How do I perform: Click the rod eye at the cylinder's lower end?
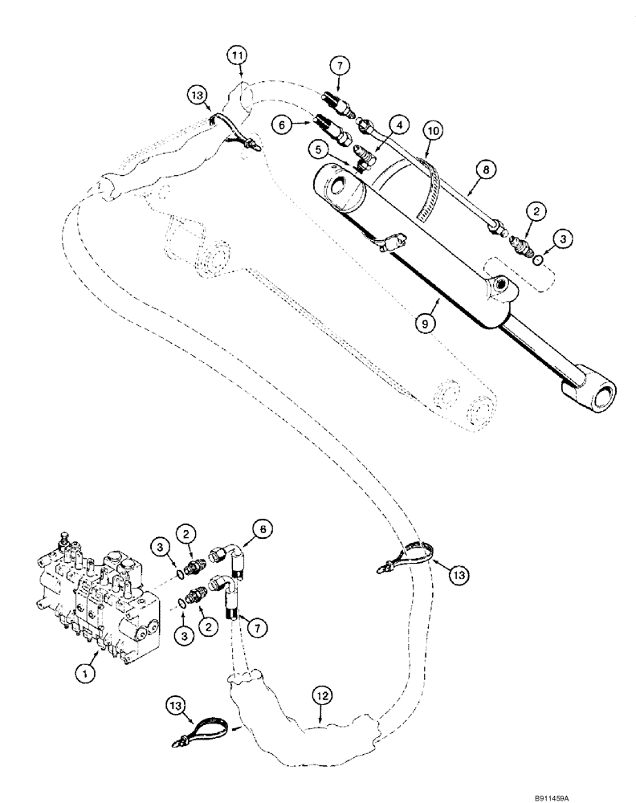[591, 393]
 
